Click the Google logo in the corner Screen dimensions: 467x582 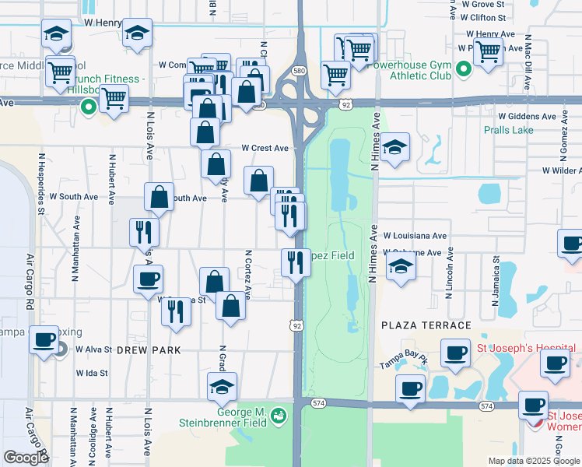click(x=26, y=458)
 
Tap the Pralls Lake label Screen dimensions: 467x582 click(x=508, y=130)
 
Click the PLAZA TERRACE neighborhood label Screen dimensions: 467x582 click(x=426, y=325)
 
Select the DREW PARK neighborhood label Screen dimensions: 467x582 click(x=149, y=350)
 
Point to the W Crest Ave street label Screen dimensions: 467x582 click(x=265, y=148)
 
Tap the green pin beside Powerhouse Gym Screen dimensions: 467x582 click(x=464, y=71)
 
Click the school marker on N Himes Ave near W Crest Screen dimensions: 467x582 click(x=395, y=147)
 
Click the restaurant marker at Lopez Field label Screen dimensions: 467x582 click(x=296, y=262)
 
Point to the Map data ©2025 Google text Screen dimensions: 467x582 click(x=534, y=461)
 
